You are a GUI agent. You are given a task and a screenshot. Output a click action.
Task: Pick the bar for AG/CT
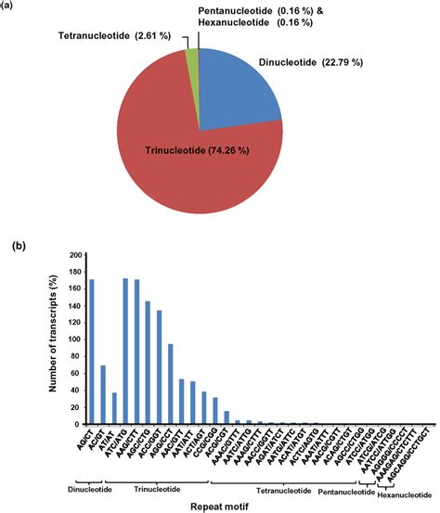[x=92, y=352]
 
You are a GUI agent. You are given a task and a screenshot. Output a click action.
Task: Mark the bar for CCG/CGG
[x=215, y=411]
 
